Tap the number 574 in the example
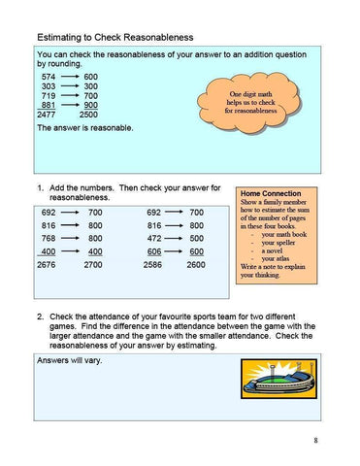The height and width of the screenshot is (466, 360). coord(49,76)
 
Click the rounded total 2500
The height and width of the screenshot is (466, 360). coord(88,115)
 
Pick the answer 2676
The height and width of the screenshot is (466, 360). coord(46,264)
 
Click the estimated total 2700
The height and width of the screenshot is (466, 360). coord(94,264)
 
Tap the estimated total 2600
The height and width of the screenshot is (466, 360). coord(196,264)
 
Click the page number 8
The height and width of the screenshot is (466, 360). coord(315,442)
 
